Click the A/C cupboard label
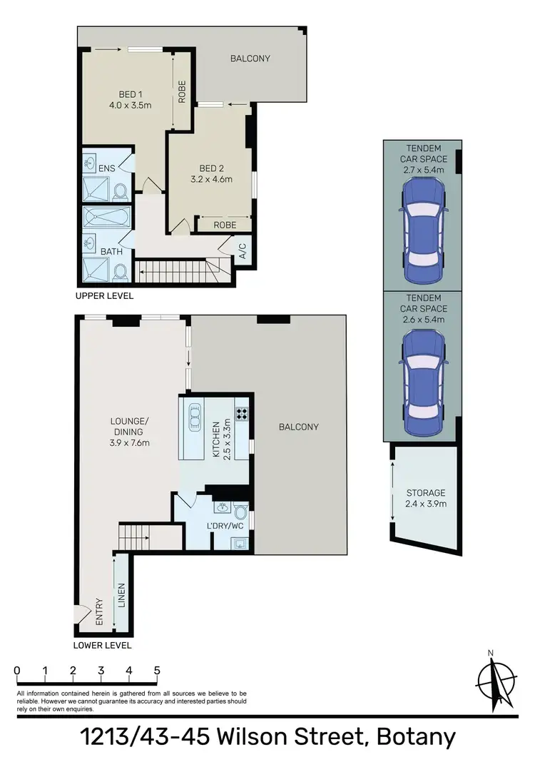242,250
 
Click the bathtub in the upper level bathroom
106,218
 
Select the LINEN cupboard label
123,594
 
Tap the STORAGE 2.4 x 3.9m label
426,498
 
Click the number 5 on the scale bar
156,671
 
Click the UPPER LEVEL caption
104,295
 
